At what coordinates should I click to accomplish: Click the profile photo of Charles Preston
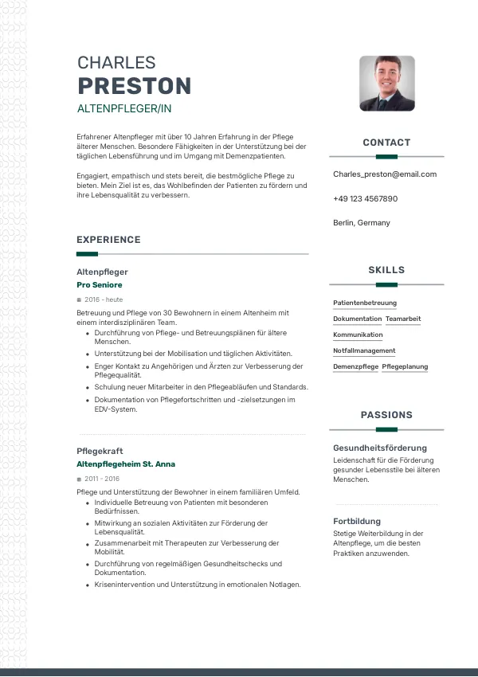pos(386,83)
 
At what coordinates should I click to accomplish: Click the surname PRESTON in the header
pos(135,86)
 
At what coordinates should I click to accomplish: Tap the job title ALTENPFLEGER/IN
pos(124,108)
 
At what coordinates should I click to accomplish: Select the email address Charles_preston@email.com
pos(385,174)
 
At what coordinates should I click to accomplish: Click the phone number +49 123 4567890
pos(365,198)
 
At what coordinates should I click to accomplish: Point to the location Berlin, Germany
pos(362,223)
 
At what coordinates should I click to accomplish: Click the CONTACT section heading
pos(386,143)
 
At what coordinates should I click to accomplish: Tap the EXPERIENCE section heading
pos(108,240)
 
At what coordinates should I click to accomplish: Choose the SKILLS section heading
pos(386,270)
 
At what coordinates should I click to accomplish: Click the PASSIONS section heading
pos(386,415)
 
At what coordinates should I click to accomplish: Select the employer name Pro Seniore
pos(100,284)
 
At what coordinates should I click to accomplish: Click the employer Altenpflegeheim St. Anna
pos(126,464)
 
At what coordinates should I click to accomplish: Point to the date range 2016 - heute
pos(104,299)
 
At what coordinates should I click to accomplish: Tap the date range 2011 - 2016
pos(102,479)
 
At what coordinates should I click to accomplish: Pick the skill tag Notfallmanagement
pos(364,350)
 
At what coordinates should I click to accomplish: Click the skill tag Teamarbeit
pos(403,319)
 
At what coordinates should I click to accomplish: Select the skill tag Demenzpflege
pos(355,366)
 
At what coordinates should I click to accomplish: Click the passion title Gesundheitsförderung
pos(380,448)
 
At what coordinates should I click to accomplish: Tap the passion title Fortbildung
pos(357,521)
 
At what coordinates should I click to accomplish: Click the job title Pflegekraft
pos(100,451)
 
